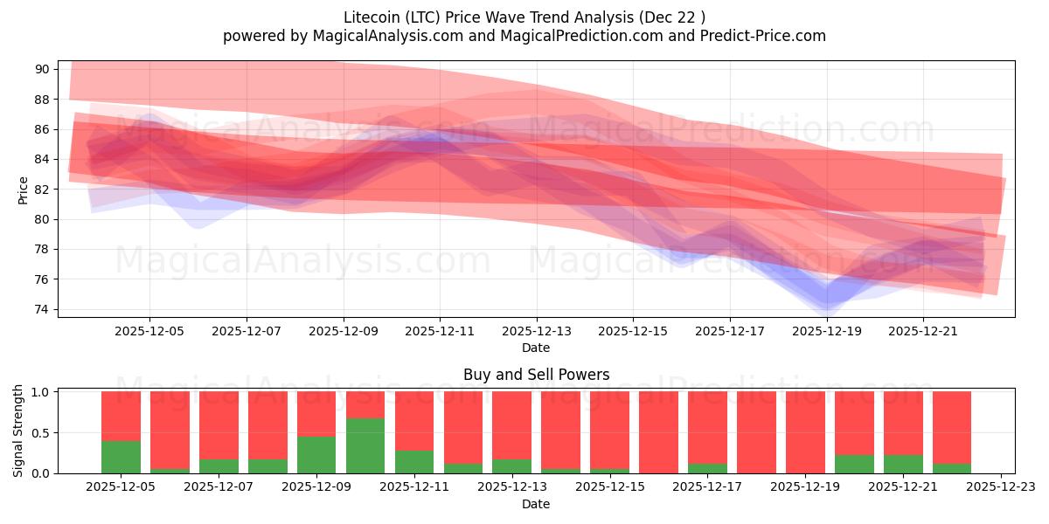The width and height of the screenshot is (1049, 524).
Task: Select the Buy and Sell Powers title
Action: (536, 375)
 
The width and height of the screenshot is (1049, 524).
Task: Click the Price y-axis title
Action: (23, 190)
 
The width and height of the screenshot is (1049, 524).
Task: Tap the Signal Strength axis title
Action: (18, 431)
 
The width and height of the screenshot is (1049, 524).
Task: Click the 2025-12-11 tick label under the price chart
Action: (440, 331)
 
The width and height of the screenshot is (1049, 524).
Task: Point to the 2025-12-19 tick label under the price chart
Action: (827, 331)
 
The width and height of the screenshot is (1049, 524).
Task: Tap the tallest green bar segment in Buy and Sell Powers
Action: (365, 445)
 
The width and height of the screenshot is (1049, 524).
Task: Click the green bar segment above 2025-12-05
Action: (121, 457)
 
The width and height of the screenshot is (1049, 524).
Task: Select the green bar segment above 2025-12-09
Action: (316, 454)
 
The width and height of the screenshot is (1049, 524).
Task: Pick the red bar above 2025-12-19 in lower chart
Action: (804, 432)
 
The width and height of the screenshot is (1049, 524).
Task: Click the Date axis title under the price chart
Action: (536, 348)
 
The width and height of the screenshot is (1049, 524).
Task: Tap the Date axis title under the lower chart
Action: (536, 504)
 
